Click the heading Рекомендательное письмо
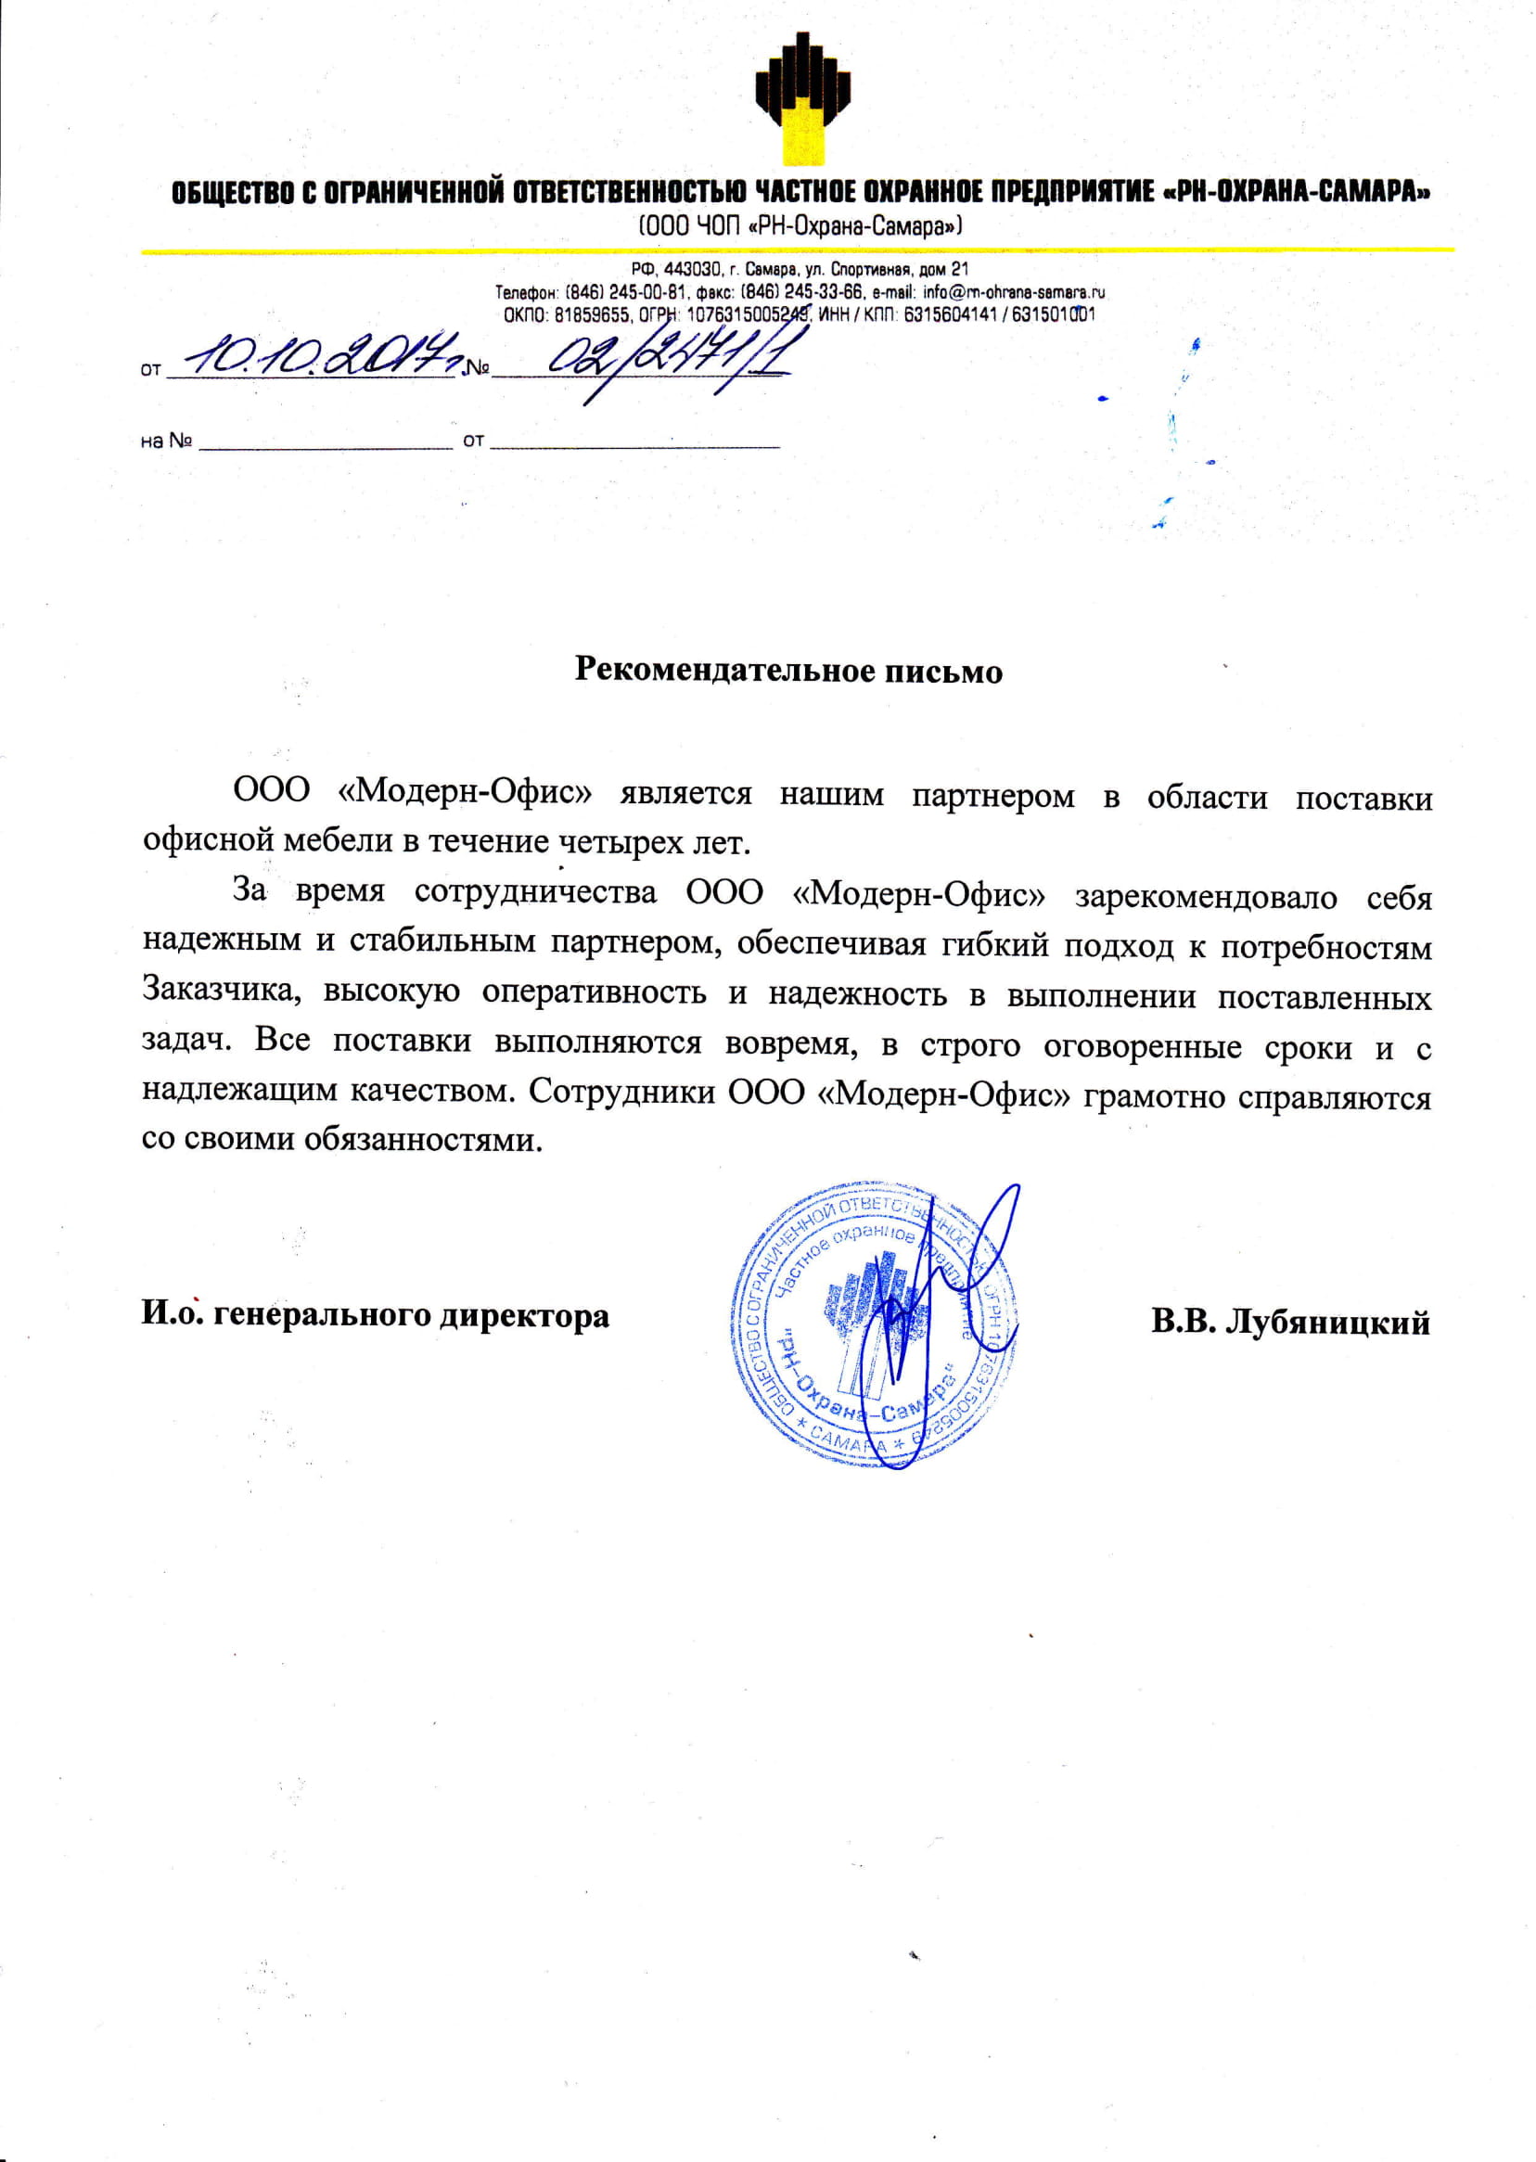click(787, 670)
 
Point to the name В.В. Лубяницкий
click(1290, 1321)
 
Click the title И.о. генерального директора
click(376, 1314)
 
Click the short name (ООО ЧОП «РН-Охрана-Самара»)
click(801, 226)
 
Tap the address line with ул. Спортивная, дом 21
click(800, 270)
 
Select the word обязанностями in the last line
click(424, 1140)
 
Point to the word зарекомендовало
click(1206, 896)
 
